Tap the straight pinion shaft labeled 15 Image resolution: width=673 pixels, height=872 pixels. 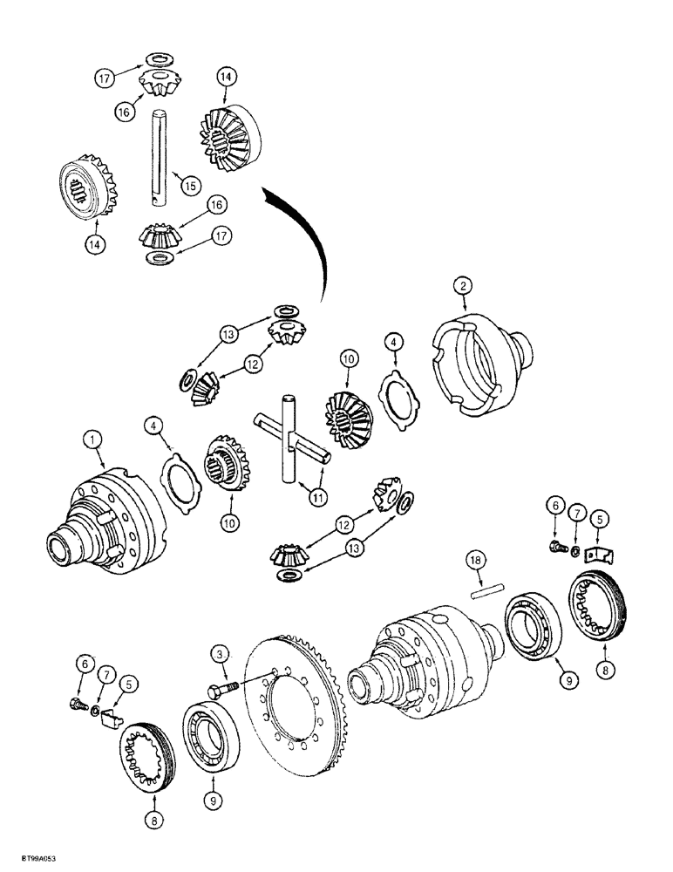click(163, 156)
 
